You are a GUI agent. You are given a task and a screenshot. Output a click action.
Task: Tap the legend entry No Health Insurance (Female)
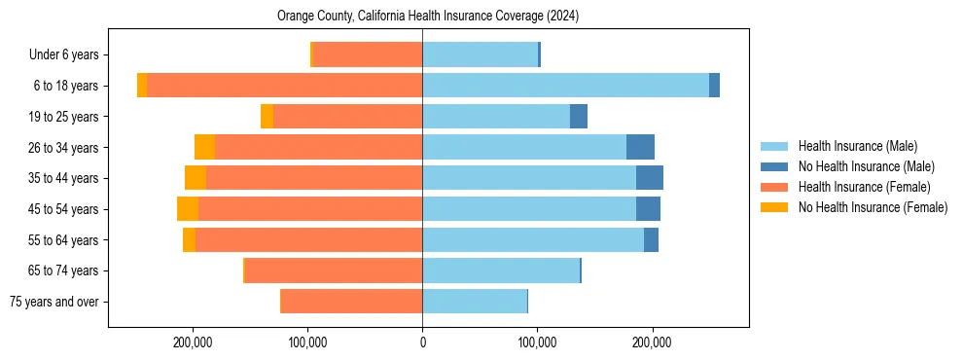(x=873, y=207)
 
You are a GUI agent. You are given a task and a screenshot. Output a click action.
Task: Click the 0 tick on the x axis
(x=422, y=342)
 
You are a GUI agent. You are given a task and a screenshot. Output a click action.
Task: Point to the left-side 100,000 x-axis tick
(x=307, y=342)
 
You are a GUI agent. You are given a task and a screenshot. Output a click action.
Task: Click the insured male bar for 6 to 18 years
(x=565, y=86)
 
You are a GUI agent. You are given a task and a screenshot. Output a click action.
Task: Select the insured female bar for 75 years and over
(x=351, y=302)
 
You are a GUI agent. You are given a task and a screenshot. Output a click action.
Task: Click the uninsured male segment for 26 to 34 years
(x=640, y=147)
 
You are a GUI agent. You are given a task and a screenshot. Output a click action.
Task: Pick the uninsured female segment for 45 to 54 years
(x=188, y=209)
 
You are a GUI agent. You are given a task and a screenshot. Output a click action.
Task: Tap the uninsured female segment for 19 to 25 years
(x=267, y=117)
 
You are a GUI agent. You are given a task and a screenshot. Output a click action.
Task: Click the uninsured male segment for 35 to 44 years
(x=650, y=178)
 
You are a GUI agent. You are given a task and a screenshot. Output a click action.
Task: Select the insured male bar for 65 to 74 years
(x=501, y=270)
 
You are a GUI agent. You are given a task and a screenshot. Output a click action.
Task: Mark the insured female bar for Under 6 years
(x=368, y=54)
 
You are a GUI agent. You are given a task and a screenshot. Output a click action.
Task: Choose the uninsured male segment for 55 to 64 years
(x=651, y=239)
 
